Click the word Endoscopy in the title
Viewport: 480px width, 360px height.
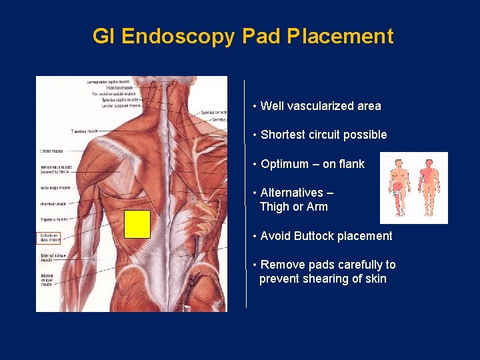click(178, 36)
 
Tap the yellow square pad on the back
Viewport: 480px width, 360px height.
click(138, 224)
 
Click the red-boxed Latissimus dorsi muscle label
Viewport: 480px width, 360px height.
click(49, 238)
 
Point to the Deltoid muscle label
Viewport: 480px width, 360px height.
click(50, 151)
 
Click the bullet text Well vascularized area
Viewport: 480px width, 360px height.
click(321, 106)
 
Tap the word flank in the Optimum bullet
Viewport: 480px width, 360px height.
click(351, 164)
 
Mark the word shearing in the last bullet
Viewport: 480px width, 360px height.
click(331, 279)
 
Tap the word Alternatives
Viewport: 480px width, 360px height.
click(291, 193)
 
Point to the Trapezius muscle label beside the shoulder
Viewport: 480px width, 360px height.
click(84, 131)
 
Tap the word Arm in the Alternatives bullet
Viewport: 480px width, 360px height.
click(317, 207)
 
